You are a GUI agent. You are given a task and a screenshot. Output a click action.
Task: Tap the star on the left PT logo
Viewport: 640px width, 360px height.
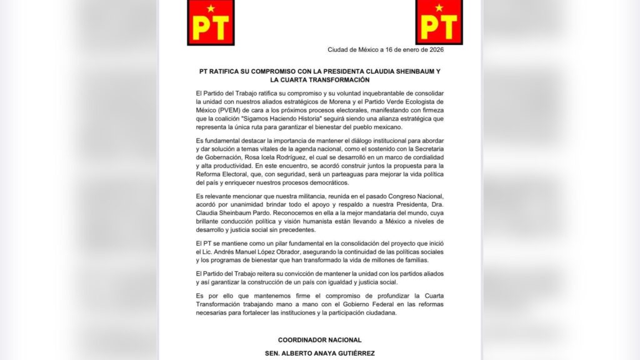click(x=211, y=8)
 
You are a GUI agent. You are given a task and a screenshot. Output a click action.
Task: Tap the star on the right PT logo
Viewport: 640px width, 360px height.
click(x=439, y=8)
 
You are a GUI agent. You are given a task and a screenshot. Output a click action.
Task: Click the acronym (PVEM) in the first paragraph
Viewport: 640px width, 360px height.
click(x=221, y=109)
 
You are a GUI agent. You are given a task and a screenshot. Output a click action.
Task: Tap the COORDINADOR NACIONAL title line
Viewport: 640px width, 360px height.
click(x=319, y=340)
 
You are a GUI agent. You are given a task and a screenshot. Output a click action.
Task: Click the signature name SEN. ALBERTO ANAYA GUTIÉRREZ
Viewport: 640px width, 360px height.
click(x=319, y=354)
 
